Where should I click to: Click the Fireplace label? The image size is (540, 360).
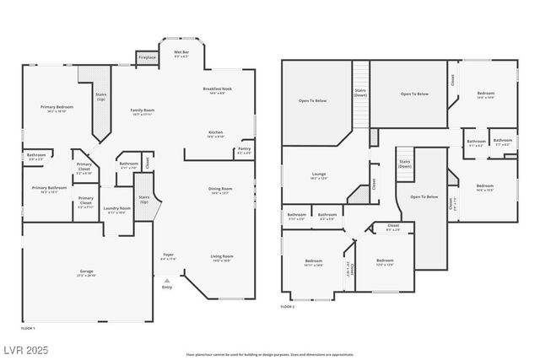pos(146,57)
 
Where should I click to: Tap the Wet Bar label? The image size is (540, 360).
pos(181,53)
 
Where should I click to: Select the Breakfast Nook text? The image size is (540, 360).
pos(217,90)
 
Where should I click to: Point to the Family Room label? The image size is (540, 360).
pos(141,112)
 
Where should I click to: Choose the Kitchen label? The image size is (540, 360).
pos(216,133)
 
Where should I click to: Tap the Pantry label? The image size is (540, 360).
pos(244,151)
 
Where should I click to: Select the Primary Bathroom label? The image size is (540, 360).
pos(49,189)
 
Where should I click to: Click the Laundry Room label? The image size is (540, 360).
pos(116,209)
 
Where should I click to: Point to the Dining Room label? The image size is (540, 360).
pos(220,191)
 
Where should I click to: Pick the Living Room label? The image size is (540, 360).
pos(221,258)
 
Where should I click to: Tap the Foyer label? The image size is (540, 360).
pos(168,255)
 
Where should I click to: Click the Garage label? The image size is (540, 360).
pos(87,272)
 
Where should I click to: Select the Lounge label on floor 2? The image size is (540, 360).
pos(318,175)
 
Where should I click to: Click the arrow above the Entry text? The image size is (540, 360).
pos(166,280)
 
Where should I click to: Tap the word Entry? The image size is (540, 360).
pos(166,287)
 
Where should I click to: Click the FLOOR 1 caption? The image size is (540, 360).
pos(28,327)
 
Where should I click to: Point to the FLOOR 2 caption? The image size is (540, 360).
pos(288,307)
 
